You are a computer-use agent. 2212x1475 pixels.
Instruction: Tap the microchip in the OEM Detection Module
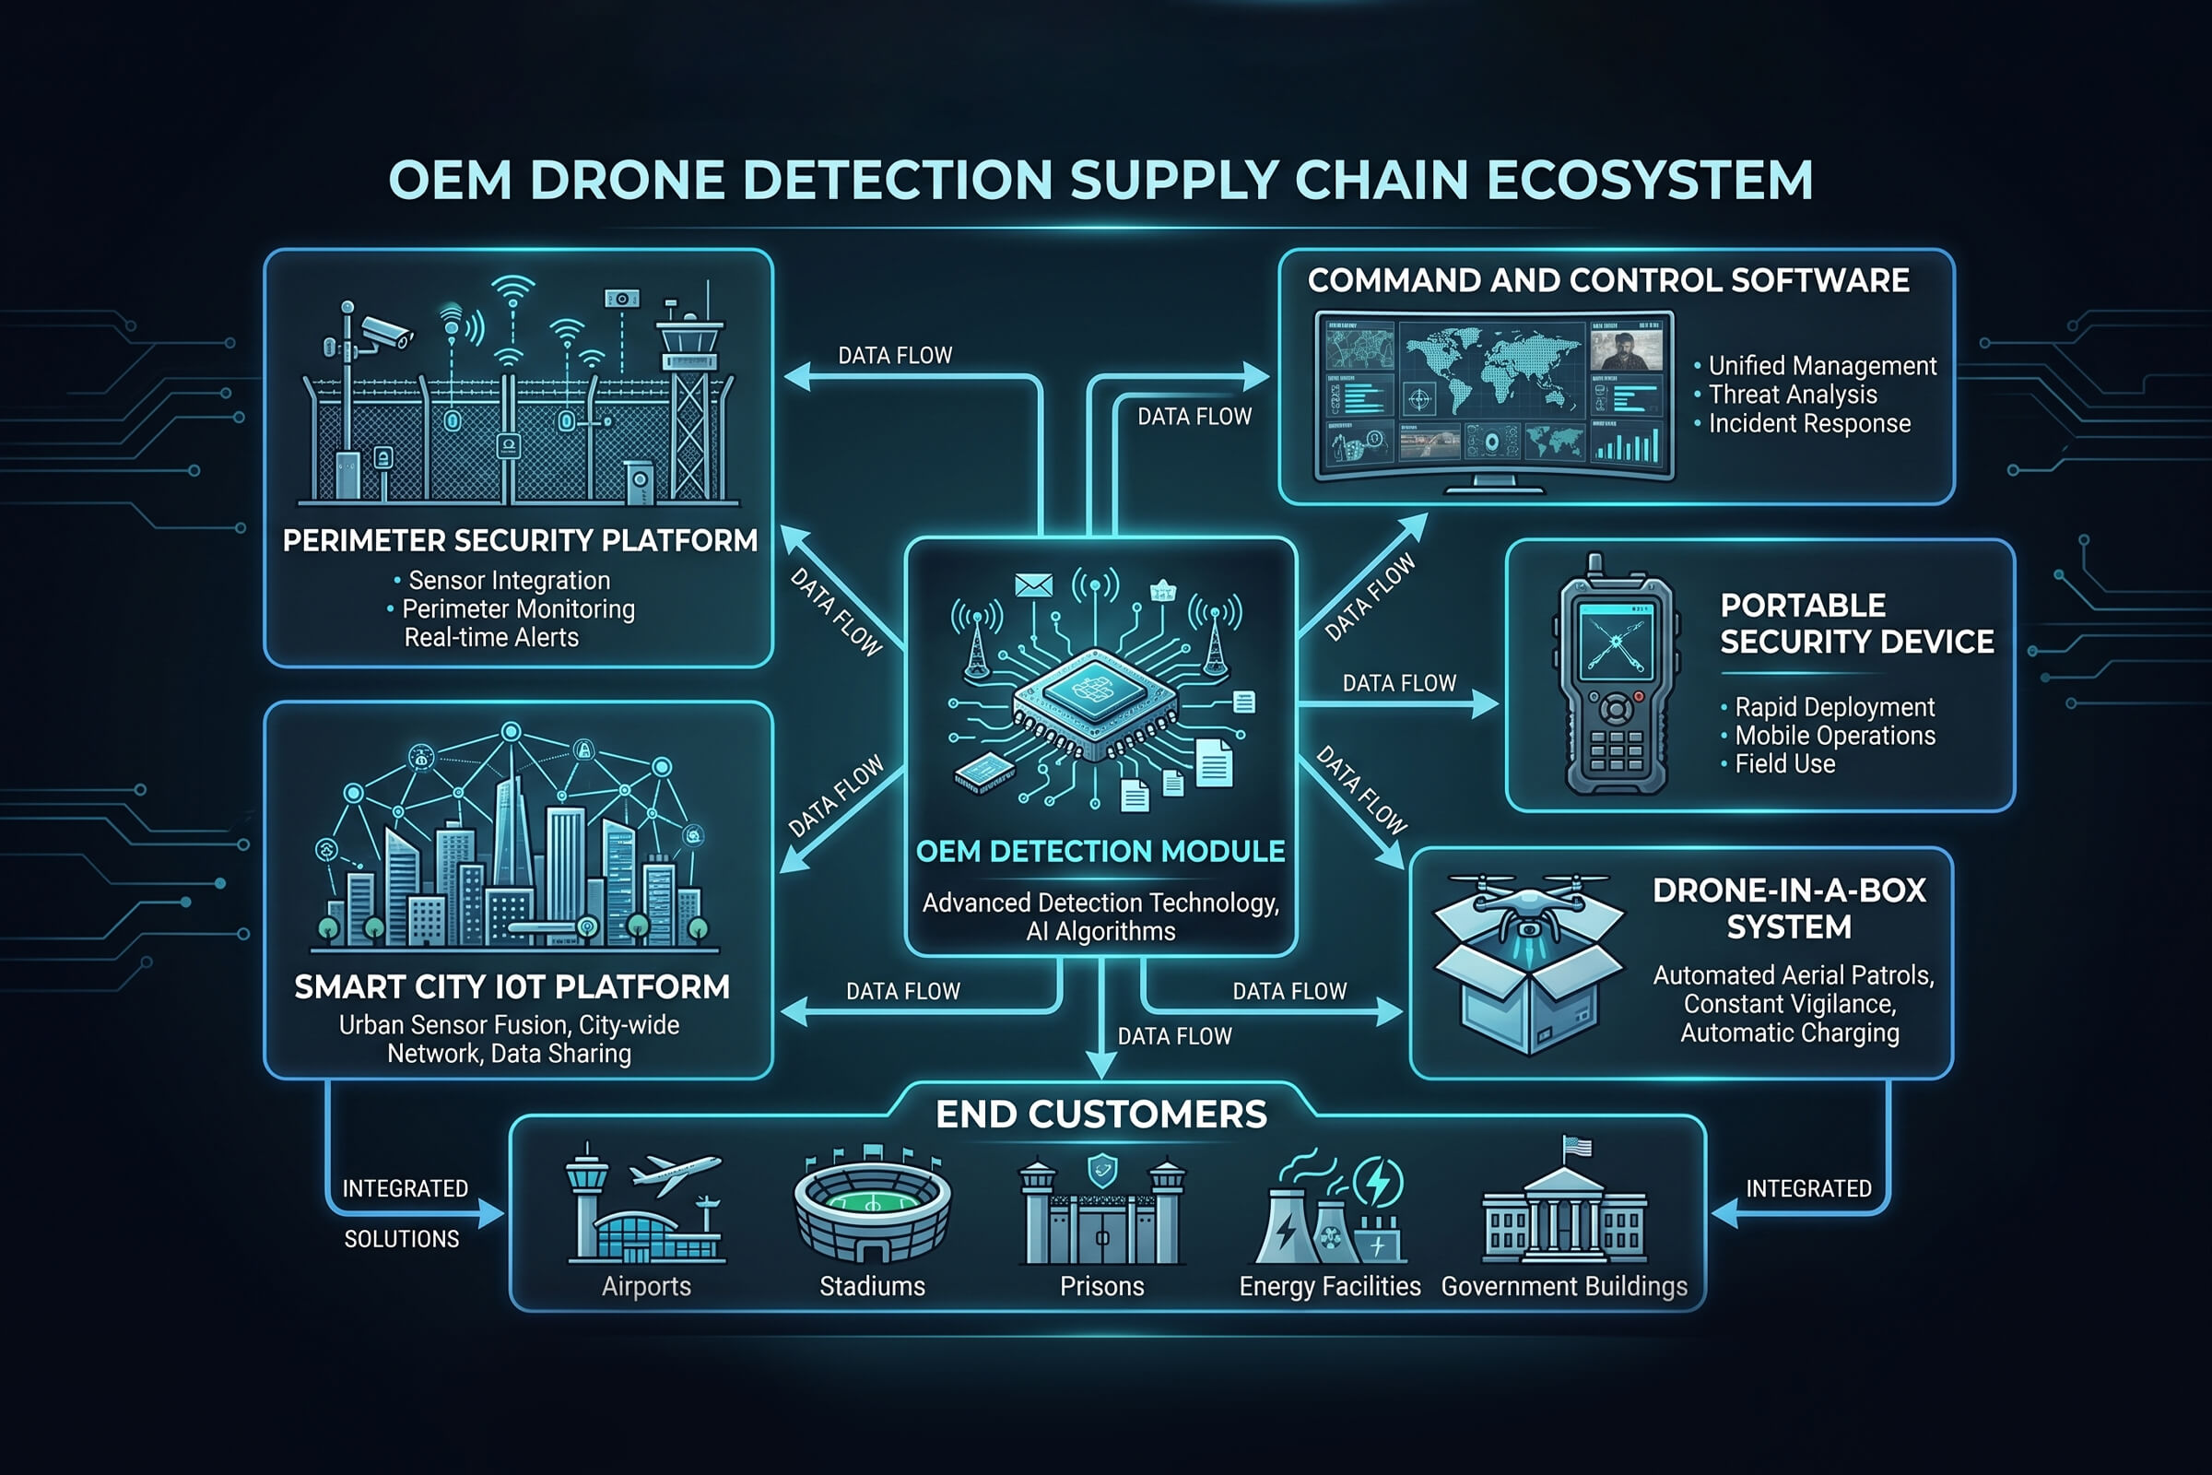[x=1095, y=702]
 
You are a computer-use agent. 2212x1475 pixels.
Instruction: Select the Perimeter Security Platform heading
[x=520, y=541]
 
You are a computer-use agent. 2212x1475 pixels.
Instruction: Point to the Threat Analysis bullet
[x=1793, y=395]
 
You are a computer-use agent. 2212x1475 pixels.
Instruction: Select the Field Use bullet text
[x=1785, y=764]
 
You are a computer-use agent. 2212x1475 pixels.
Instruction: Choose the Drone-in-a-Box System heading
[x=1789, y=909]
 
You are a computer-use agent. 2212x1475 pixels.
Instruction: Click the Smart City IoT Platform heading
[x=512, y=986]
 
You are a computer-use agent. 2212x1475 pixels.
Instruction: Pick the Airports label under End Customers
[x=646, y=1286]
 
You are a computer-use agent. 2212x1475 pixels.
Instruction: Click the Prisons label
[x=1101, y=1286]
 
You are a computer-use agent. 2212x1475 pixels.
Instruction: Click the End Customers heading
[x=1101, y=1114]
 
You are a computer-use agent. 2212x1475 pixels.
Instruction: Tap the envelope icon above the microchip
[x=1033, y=585]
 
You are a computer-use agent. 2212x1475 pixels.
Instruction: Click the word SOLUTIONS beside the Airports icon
[x=402, y=1239]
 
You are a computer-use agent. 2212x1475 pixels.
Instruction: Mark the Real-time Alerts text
[x=491, y=638]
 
